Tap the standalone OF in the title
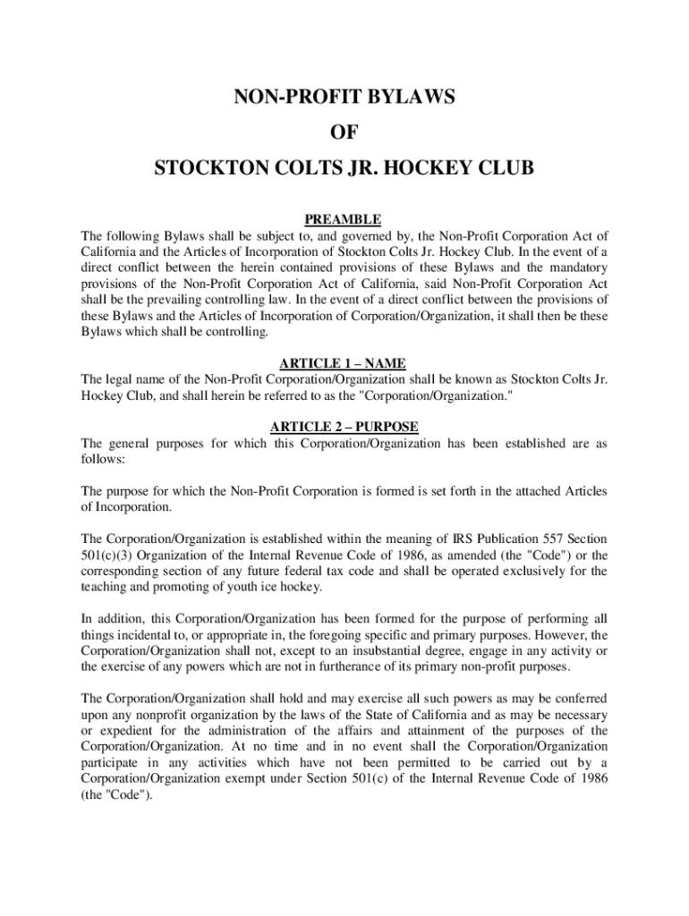pyautogui.click(x=344, y=132)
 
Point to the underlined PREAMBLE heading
pyautogui.click(x=344, y=219)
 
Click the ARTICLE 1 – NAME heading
pyautogui.click(x=344, y=363)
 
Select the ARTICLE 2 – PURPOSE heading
pyautogui.click(x=344, y=427)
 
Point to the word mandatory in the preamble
pyautogui.click(x=570, y=268)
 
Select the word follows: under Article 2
pyautogui.click(x=104, y=459)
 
